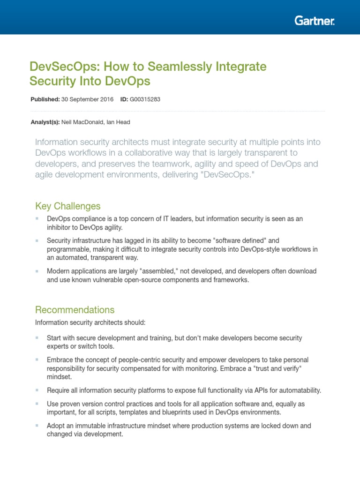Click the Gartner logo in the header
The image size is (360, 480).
pyautogui.click(x=314, y=21)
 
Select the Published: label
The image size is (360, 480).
pyautogui.click(x=45, y=99)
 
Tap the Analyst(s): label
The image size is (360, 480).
pyautogui.click(x=45, y=122)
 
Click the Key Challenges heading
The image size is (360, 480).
pyautogui.click(x=67, y=206)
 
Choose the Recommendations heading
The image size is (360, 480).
pyautogui.click(x=75, y=310)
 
